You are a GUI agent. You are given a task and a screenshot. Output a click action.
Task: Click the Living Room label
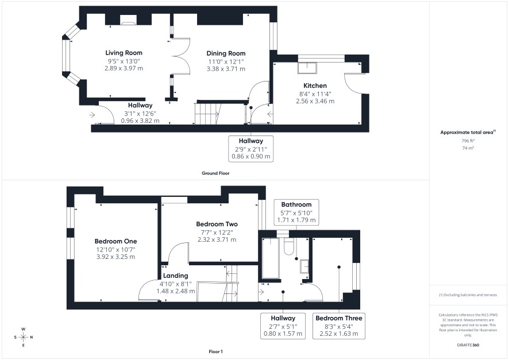pos(124,53)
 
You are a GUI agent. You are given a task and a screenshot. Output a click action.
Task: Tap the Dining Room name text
pos(226,53)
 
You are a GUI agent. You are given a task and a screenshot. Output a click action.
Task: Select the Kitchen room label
pos(315,86)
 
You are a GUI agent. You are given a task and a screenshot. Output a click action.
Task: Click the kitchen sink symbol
pos(307,68)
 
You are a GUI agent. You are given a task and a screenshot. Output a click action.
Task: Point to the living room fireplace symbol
pos(129,20)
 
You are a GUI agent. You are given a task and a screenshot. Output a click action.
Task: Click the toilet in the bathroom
pos(288,246)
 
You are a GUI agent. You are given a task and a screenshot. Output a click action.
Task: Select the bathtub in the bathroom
pos(271,258)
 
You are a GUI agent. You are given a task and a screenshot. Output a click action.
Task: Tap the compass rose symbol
pos(24,337)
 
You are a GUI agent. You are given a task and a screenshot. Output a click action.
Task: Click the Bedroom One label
pos(115,241)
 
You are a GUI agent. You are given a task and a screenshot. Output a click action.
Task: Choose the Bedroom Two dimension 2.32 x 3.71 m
pos(217,239)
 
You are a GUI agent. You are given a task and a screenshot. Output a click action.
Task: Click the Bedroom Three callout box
pos(338,326)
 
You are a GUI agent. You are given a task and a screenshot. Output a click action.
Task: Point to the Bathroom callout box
pos(296,212)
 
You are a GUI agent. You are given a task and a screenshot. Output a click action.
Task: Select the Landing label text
pos(176,276)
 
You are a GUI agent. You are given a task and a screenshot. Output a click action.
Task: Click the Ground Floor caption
pos(215,173)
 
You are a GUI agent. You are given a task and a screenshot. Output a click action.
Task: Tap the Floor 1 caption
pos(216,351)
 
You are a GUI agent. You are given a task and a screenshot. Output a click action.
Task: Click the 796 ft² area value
pos(468,141)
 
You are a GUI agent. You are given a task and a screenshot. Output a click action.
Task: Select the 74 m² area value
pos(468,148)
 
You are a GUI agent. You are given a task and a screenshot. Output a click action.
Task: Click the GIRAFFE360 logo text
pos(468,344)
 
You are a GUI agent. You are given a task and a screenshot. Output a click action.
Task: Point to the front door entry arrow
pos(92,114)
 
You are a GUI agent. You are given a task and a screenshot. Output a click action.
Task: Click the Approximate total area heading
pos(468,132)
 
